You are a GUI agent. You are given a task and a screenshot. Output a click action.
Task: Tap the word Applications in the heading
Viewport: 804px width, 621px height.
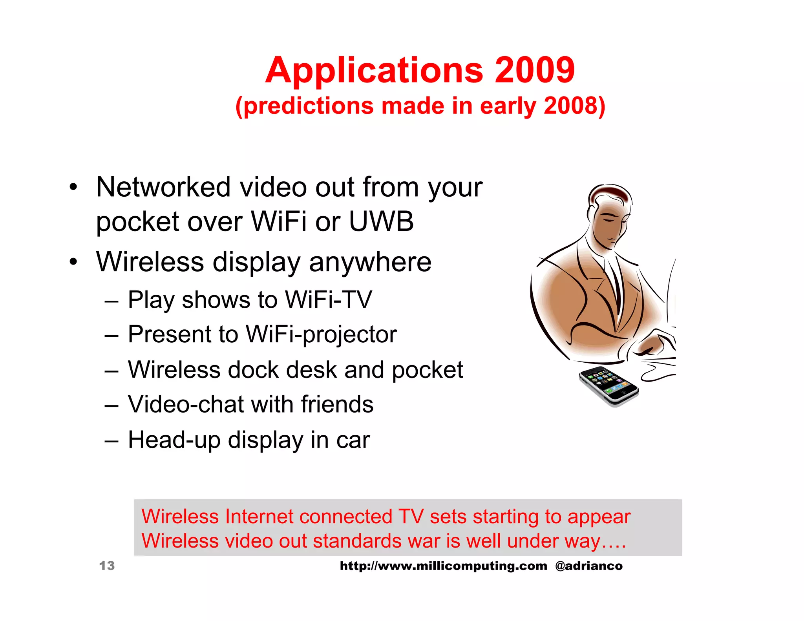coord(374,70)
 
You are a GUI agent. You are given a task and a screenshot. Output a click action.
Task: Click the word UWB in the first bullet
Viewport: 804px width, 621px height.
coord(381,221)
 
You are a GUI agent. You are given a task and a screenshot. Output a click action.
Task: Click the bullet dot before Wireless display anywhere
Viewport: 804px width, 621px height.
coord(73,262)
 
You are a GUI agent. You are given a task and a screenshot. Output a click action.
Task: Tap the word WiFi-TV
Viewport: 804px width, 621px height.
coord(328,300)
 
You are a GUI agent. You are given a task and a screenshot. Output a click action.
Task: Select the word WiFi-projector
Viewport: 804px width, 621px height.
coord(321,334)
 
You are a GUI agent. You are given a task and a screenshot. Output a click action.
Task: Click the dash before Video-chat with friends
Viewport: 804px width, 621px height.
coord(111,405)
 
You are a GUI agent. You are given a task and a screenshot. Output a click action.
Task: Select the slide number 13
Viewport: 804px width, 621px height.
coord(107,566)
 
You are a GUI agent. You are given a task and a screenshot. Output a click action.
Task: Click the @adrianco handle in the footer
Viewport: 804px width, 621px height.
coord(588,566)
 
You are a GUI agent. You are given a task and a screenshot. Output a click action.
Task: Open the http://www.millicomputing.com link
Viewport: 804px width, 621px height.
coord(443,566)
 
